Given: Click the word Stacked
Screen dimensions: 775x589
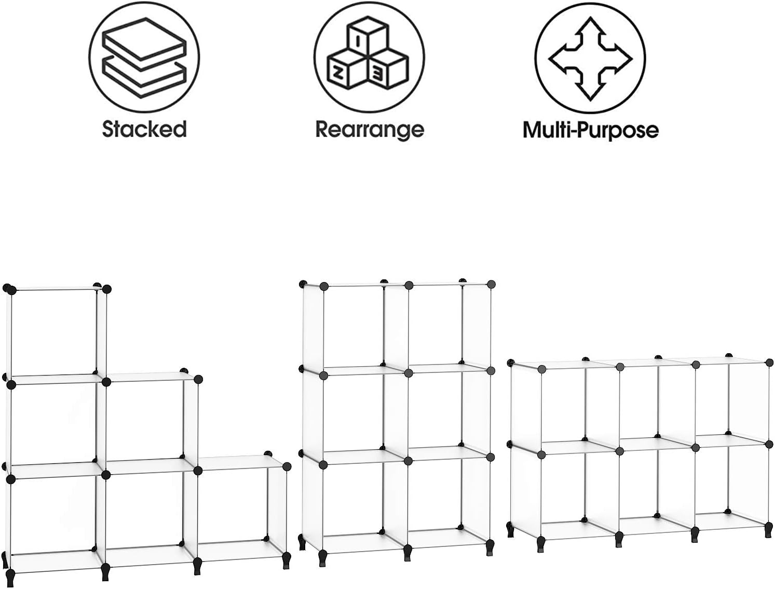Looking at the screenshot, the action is click(144, 129).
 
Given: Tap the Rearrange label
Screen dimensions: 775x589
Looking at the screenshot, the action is click(370, 130).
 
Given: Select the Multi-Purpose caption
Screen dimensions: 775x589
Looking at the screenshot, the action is click(591, 130).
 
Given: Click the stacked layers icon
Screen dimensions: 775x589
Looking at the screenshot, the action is click(144, 58).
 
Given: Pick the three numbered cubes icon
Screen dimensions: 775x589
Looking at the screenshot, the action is click(368, 56).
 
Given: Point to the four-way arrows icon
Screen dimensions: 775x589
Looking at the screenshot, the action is click(590, 59).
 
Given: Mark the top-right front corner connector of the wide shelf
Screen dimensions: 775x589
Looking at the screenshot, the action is click(769, 363).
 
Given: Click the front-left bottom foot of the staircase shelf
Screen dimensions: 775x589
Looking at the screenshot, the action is click(10, 579).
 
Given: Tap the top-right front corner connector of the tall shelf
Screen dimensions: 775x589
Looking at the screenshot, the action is click(491, 284).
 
